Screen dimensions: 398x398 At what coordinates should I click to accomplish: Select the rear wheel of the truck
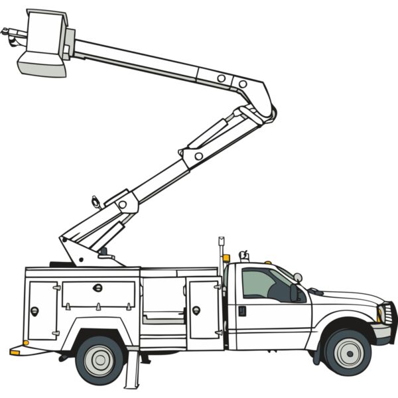tap(99, 360)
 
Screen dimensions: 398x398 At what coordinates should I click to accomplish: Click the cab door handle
tap(242, 310)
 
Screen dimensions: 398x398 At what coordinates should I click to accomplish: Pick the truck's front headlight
tap(381, 312)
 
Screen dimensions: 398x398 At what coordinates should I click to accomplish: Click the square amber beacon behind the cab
tap(226, 258)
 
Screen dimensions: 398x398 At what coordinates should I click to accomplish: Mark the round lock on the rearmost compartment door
tap(34, 310)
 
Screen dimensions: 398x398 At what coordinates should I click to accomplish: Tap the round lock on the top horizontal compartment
tap(98, 287)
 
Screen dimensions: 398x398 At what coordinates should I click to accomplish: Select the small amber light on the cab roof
tap(267, 262)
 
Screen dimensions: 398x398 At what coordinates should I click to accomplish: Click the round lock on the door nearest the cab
tap(196, 310)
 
